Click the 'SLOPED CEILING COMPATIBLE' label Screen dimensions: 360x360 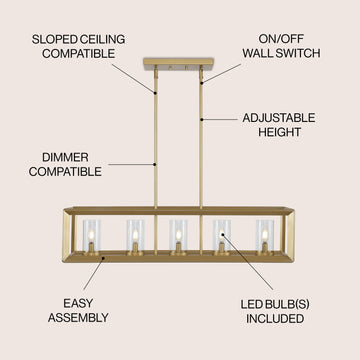pyautogui.click(x=78, y=46)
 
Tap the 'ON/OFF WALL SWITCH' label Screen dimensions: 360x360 pyautogui.click(x=281, y=46)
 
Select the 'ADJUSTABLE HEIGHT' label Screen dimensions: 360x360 pyautogui.click(x=279, y=125)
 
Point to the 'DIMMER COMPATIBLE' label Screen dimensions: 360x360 pyautogui.click(x=65, y=164)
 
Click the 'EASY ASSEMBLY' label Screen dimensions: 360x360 pyautogui.click(x=78, y=311)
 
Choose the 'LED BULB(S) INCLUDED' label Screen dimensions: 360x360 pyautogui.click(x=275, y=311)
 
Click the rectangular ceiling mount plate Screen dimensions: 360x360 pyautogui.click(x=178, y=64)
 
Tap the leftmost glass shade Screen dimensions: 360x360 pyautogui.click(x=92, y=235)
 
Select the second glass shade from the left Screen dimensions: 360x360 pyautogui.click(x=135, y=235)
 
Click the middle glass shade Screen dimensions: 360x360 pyautogui.click(x=178, y=235)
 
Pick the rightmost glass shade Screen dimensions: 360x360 pyautogui.click(x=265, y=235)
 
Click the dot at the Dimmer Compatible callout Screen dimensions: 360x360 pyautogui.click(x=155, y=164)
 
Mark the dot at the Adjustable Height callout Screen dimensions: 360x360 pyautogui.click(x=201, y=119)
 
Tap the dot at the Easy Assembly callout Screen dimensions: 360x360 pyautogui.click(x=104, y=258)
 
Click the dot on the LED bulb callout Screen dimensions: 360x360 pyautogui.click(x=221, y=234)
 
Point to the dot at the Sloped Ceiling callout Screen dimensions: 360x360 pyautogui.click(x=155, y=92)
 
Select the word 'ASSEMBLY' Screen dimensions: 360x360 pyautogui.click(x=78, y=318)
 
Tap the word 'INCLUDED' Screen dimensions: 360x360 pyautogui.click(x=275, y=318)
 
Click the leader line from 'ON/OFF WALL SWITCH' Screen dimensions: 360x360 pyautogui.click(x=222, y=73)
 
